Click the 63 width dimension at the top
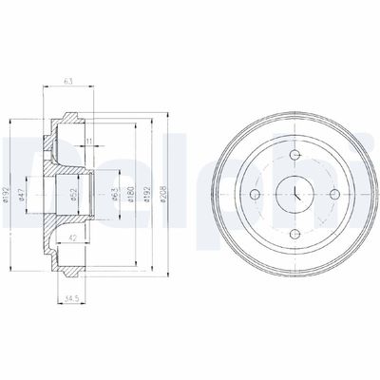click(x=68, y=81)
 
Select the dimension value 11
click(x=89, y=142)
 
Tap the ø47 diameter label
click(x=21, y=195)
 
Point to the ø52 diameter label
click(x=73, y=195)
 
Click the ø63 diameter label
click(x=115, y=194)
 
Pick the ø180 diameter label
click(x=131, y=194)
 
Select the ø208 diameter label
click(x=163, y=194)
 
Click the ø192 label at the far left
click(x=6, y=194)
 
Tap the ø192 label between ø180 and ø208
click(x=147, y=194)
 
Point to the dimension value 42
click(x=73, y=238)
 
